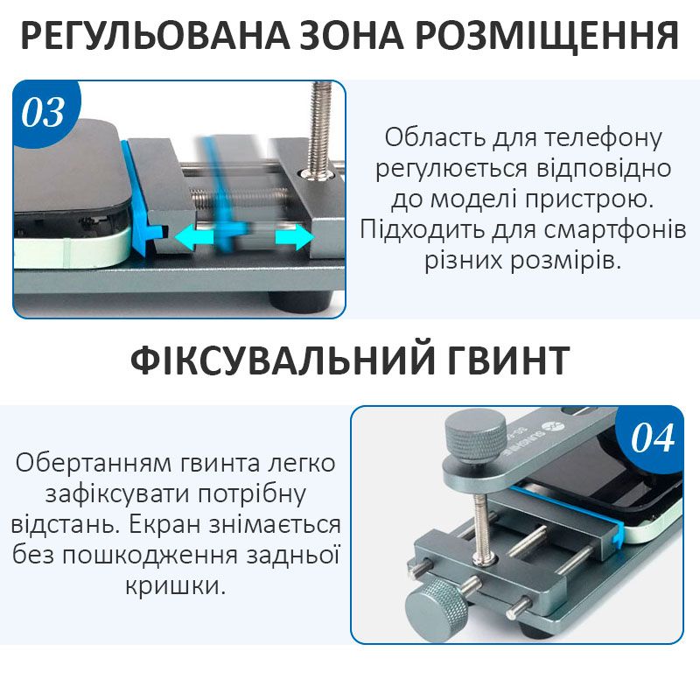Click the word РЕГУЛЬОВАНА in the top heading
(x=155, y=36)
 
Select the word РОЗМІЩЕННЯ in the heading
(x=547, y=37)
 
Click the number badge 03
(x=43, y=113)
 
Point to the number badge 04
(x=652, y=438)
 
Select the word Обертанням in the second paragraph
(x=94, y=464)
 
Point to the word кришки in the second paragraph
(x=175, y=585)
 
